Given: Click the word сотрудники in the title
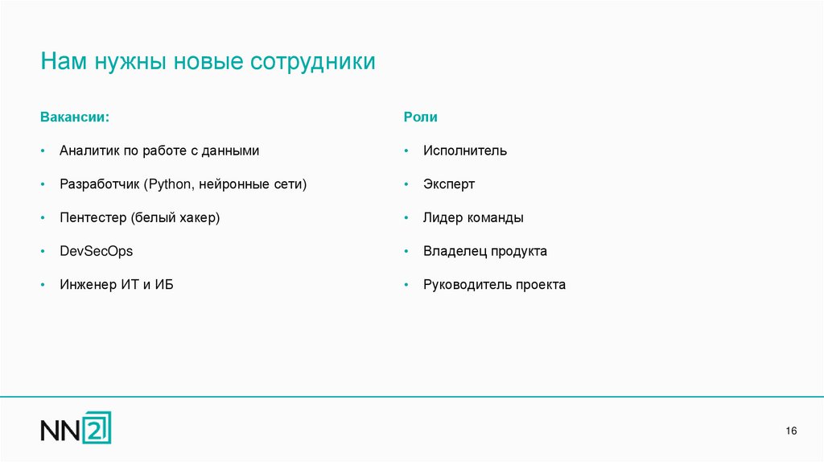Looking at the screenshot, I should coord(313,62).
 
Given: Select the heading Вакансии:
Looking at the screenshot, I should coord(74,117).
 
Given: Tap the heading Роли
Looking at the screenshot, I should coord(420,117).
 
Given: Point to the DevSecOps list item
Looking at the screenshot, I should coord(96,251).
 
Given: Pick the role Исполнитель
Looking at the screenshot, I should coord(465,151).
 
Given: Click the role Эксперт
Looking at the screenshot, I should coord(449,184).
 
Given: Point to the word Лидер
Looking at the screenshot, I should coord(442,218).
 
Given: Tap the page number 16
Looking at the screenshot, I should coord(791,433).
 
